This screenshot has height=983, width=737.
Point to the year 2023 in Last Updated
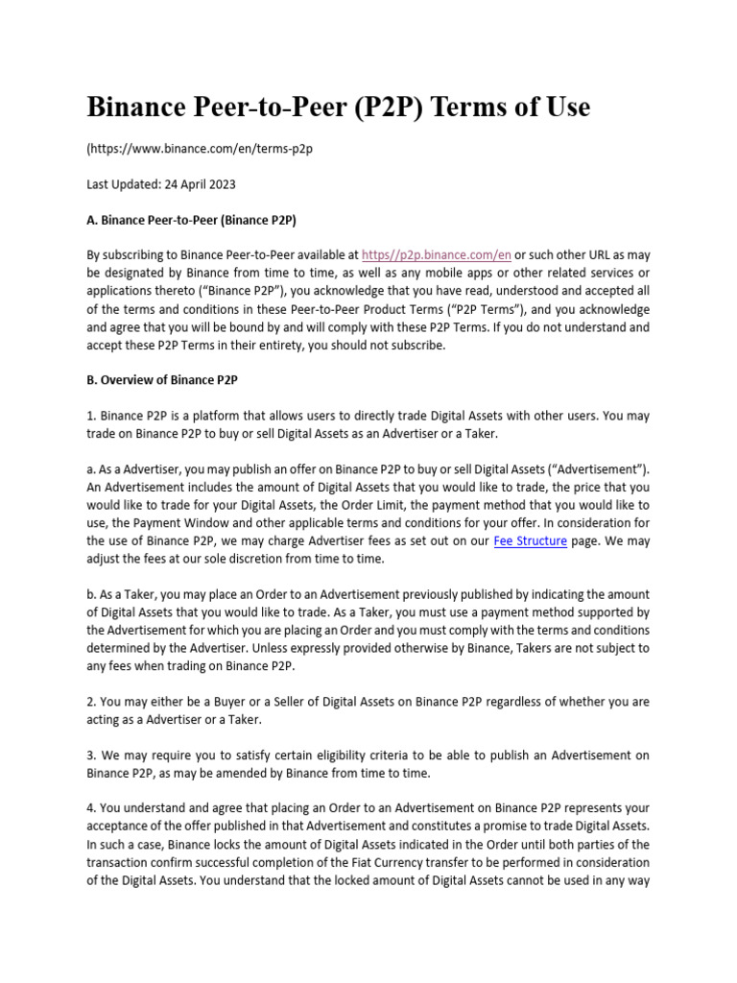[x=221, y=184]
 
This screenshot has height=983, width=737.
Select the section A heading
[x=192, y=220]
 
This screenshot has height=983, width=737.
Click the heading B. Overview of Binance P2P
[x=162, y=379]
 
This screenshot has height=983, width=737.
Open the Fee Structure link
[x=530, y=541]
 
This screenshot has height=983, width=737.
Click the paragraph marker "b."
[x=92, y=595]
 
